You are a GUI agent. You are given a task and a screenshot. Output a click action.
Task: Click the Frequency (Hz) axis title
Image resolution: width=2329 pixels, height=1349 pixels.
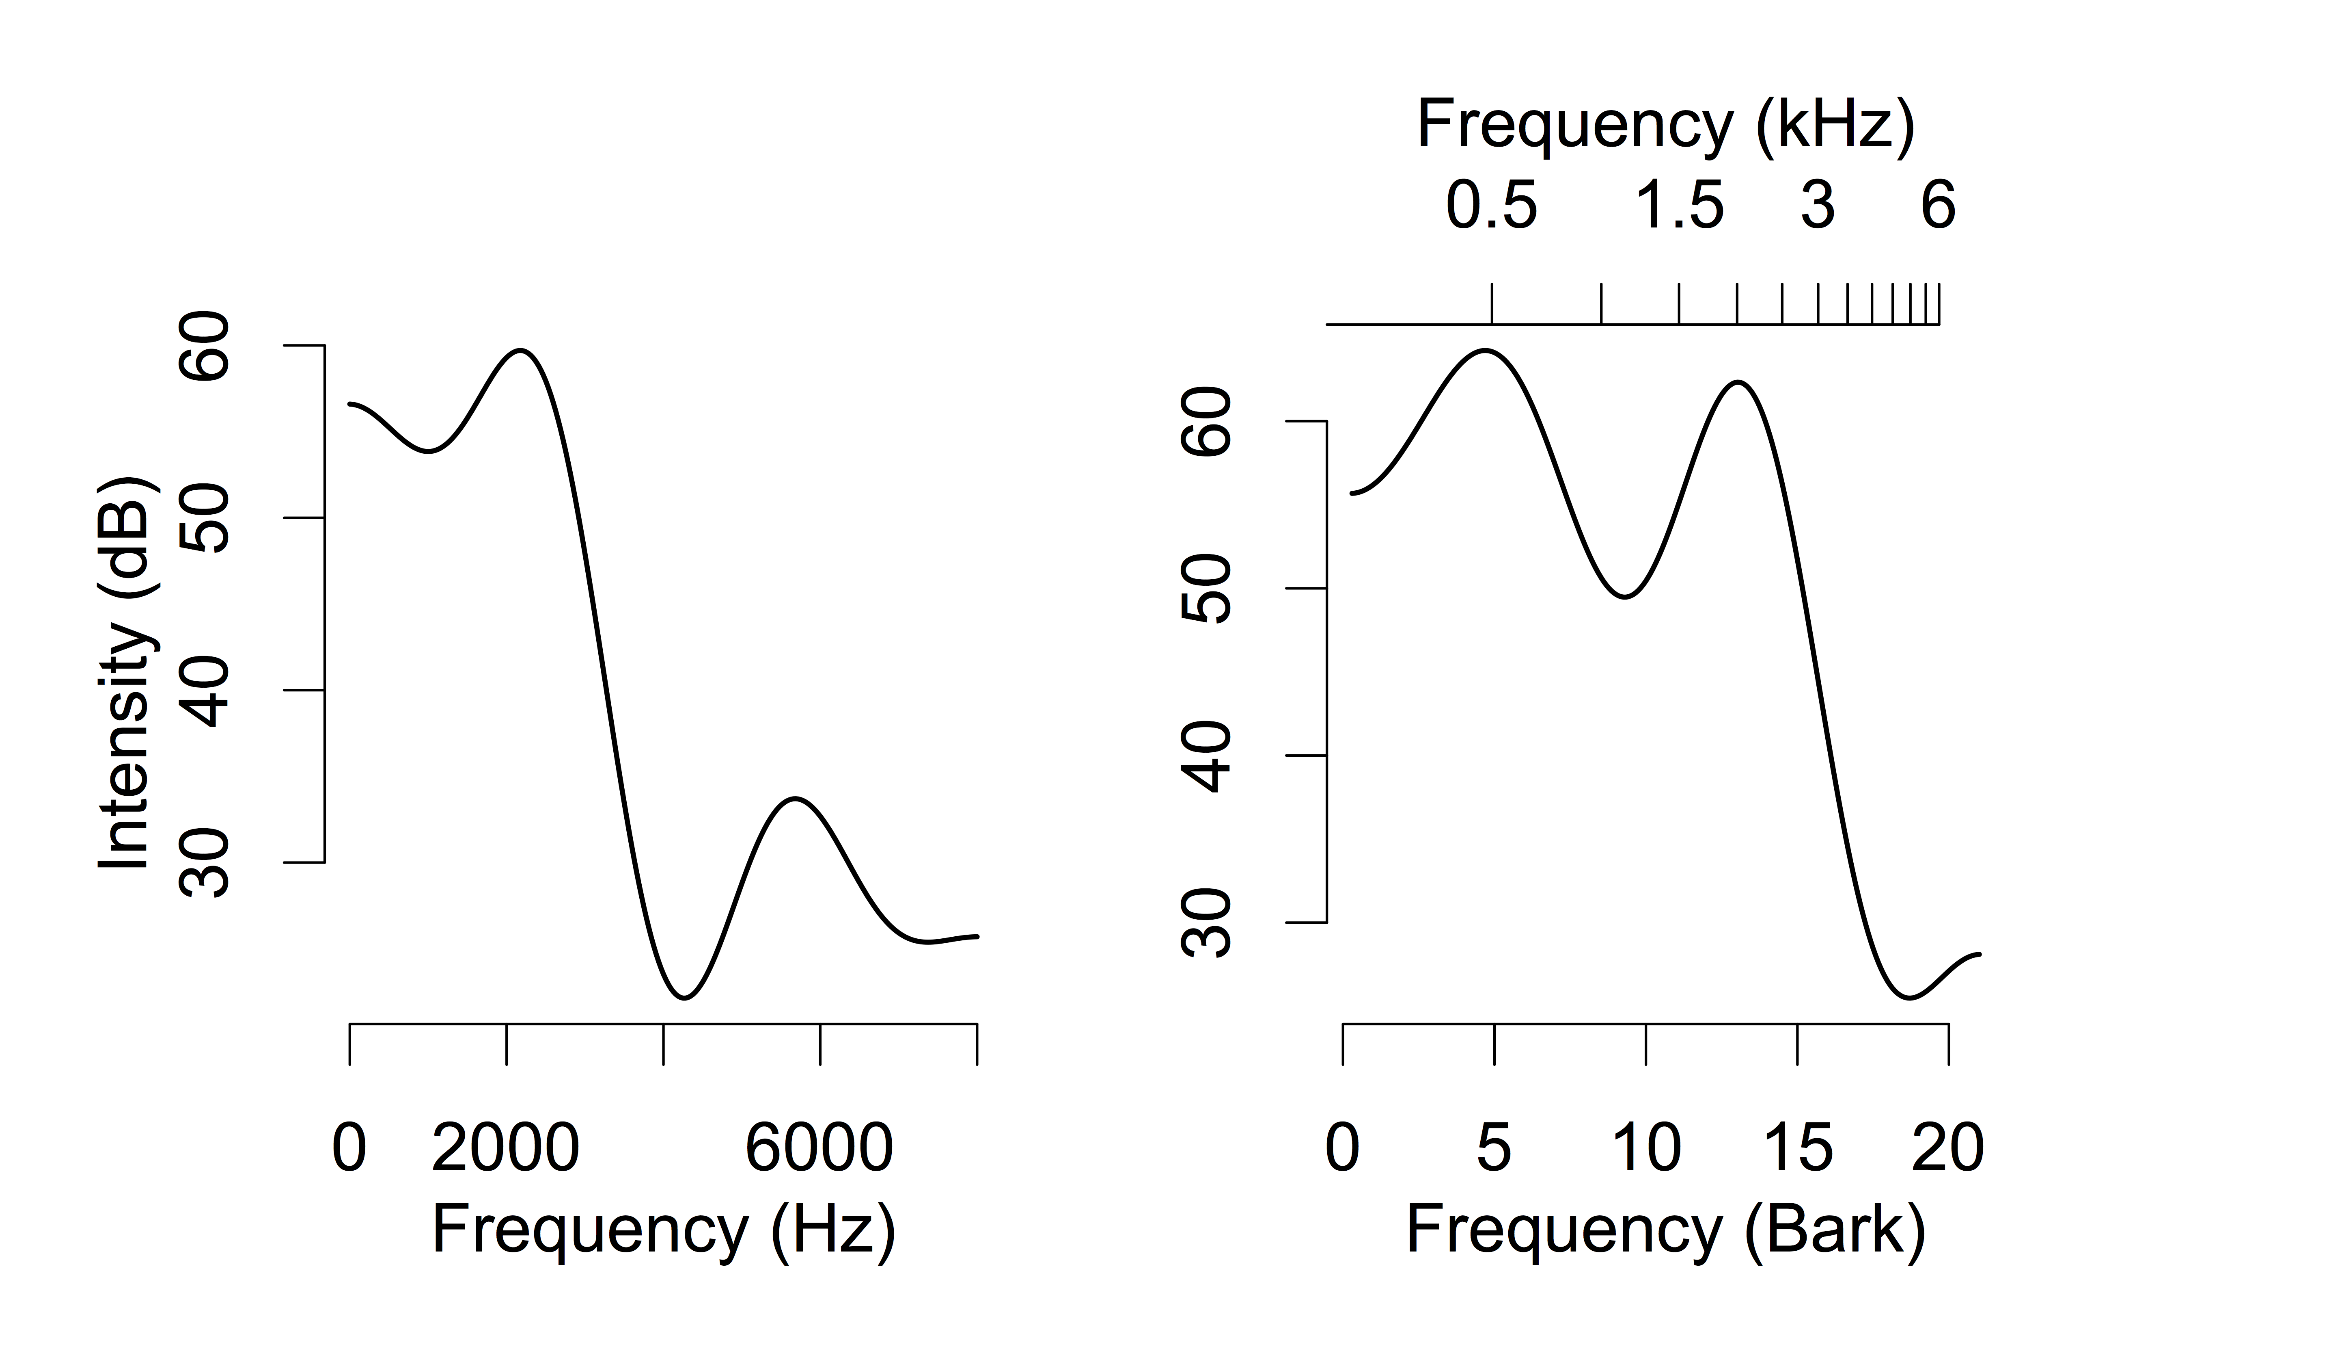(x=664, y=1231)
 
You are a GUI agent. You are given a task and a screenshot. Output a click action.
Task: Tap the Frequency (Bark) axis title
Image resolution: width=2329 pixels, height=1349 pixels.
(x=1665, y=1231)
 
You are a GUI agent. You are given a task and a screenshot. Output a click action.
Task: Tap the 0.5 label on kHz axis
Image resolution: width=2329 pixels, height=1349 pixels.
(x=1492, y=205)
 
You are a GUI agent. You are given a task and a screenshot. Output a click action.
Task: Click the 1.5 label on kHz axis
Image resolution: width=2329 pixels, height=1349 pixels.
(x=1679, y=205)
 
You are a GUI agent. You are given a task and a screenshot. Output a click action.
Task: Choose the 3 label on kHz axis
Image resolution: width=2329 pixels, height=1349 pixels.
(x=1817, y=205)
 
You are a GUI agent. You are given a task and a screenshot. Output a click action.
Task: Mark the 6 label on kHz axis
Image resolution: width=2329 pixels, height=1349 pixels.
(x=1938, y=205)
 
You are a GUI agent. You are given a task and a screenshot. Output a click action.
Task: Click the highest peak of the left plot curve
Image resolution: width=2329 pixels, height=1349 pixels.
(x=522, y=351)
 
